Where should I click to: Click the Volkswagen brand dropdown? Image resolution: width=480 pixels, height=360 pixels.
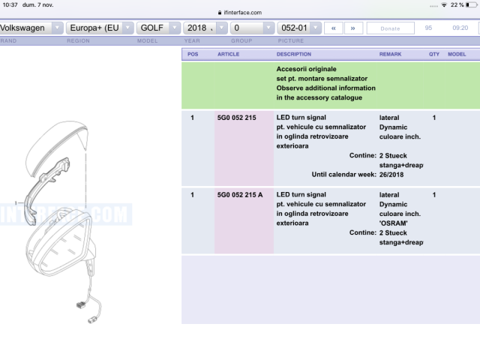coord(31,28)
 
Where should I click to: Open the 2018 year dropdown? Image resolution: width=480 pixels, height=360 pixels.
coord(205,28)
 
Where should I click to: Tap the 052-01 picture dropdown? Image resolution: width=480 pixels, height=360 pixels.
coord(299,28)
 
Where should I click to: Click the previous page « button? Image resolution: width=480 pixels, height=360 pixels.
coord(333,28)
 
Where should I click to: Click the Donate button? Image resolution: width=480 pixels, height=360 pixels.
coord(390,28)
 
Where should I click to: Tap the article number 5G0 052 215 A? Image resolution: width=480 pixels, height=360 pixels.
coord(240,195)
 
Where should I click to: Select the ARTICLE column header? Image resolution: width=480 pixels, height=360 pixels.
coord(228,54)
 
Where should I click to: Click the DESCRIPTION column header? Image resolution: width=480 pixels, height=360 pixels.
coord(294,54)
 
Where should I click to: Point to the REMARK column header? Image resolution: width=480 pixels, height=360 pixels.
coord(390,54)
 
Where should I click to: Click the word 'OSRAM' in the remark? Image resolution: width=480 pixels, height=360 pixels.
coord(393,223)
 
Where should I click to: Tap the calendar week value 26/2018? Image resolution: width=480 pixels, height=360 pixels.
coord(391,175)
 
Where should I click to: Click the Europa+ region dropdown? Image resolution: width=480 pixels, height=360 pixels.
coord(100,28)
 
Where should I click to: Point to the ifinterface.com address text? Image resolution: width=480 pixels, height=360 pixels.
coord(242,13)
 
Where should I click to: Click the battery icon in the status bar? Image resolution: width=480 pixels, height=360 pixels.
coord(472,5)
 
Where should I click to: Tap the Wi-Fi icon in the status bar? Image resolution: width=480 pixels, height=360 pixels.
coord(444,5)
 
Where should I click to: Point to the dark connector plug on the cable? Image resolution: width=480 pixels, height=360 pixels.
coord(80,304)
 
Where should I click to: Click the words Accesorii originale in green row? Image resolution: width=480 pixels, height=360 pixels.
coord(307,69)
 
